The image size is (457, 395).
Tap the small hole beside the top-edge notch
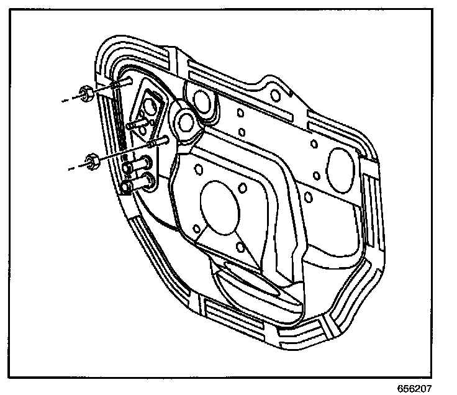point(274,94)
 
